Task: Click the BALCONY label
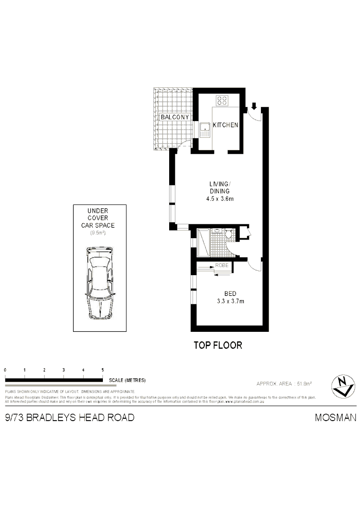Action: coord(175,117)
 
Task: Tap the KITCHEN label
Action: coord(225,125)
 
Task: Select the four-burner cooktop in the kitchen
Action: coord(222,101)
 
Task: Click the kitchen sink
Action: coord(205,129)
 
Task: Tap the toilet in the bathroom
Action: coord(229,235)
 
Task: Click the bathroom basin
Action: coord(217,231)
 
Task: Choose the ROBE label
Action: coord(222,265)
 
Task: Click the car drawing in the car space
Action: coord(100,283)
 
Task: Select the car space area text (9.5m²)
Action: coord(98,233)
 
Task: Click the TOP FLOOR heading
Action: coord(217,345)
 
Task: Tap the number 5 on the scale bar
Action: coord(103,370)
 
